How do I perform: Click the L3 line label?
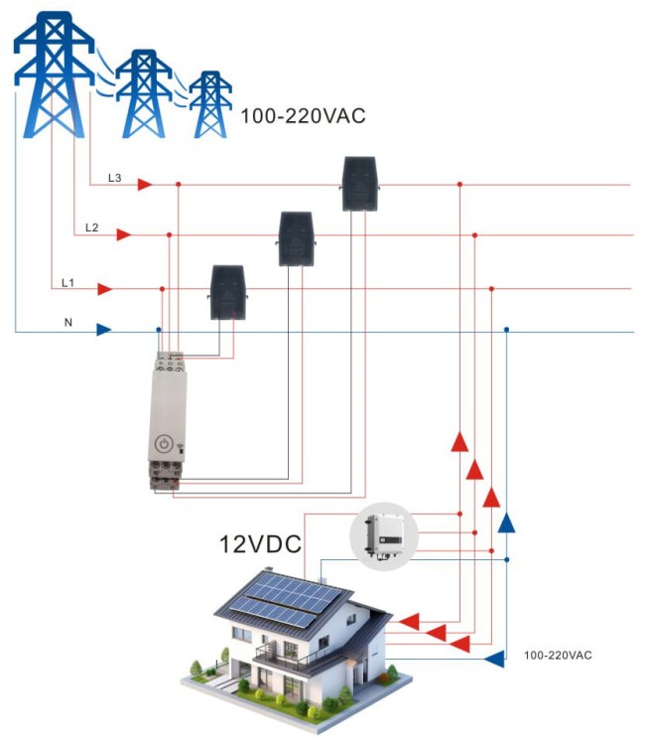115,178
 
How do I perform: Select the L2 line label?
91,227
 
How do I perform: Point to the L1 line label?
67,283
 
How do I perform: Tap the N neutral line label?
68,322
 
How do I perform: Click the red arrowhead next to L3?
145,184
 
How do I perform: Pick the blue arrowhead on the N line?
104,329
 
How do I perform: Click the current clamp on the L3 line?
360,184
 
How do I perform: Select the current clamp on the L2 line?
296,238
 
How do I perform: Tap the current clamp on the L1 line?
228,292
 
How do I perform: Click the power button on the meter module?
164,444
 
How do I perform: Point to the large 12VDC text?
260,543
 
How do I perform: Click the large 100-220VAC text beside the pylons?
303,116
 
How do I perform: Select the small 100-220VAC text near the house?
558,656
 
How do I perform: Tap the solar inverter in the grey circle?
384,536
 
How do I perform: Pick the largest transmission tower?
54,75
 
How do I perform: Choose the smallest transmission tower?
210,104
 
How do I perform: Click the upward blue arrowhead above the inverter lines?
506,522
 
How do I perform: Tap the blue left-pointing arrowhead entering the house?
494,660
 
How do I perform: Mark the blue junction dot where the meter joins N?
159,329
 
